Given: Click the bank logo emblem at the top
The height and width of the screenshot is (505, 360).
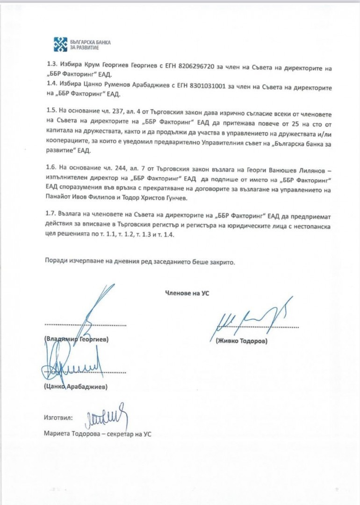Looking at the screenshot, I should (x=61, y=44).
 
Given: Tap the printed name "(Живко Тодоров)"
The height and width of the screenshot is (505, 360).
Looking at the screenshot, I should (x=242, y=341).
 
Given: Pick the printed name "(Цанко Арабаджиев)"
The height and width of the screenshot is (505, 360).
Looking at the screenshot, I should (x=76, y=387).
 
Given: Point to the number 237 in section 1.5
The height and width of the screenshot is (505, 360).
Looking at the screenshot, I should (x=108, y=111).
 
